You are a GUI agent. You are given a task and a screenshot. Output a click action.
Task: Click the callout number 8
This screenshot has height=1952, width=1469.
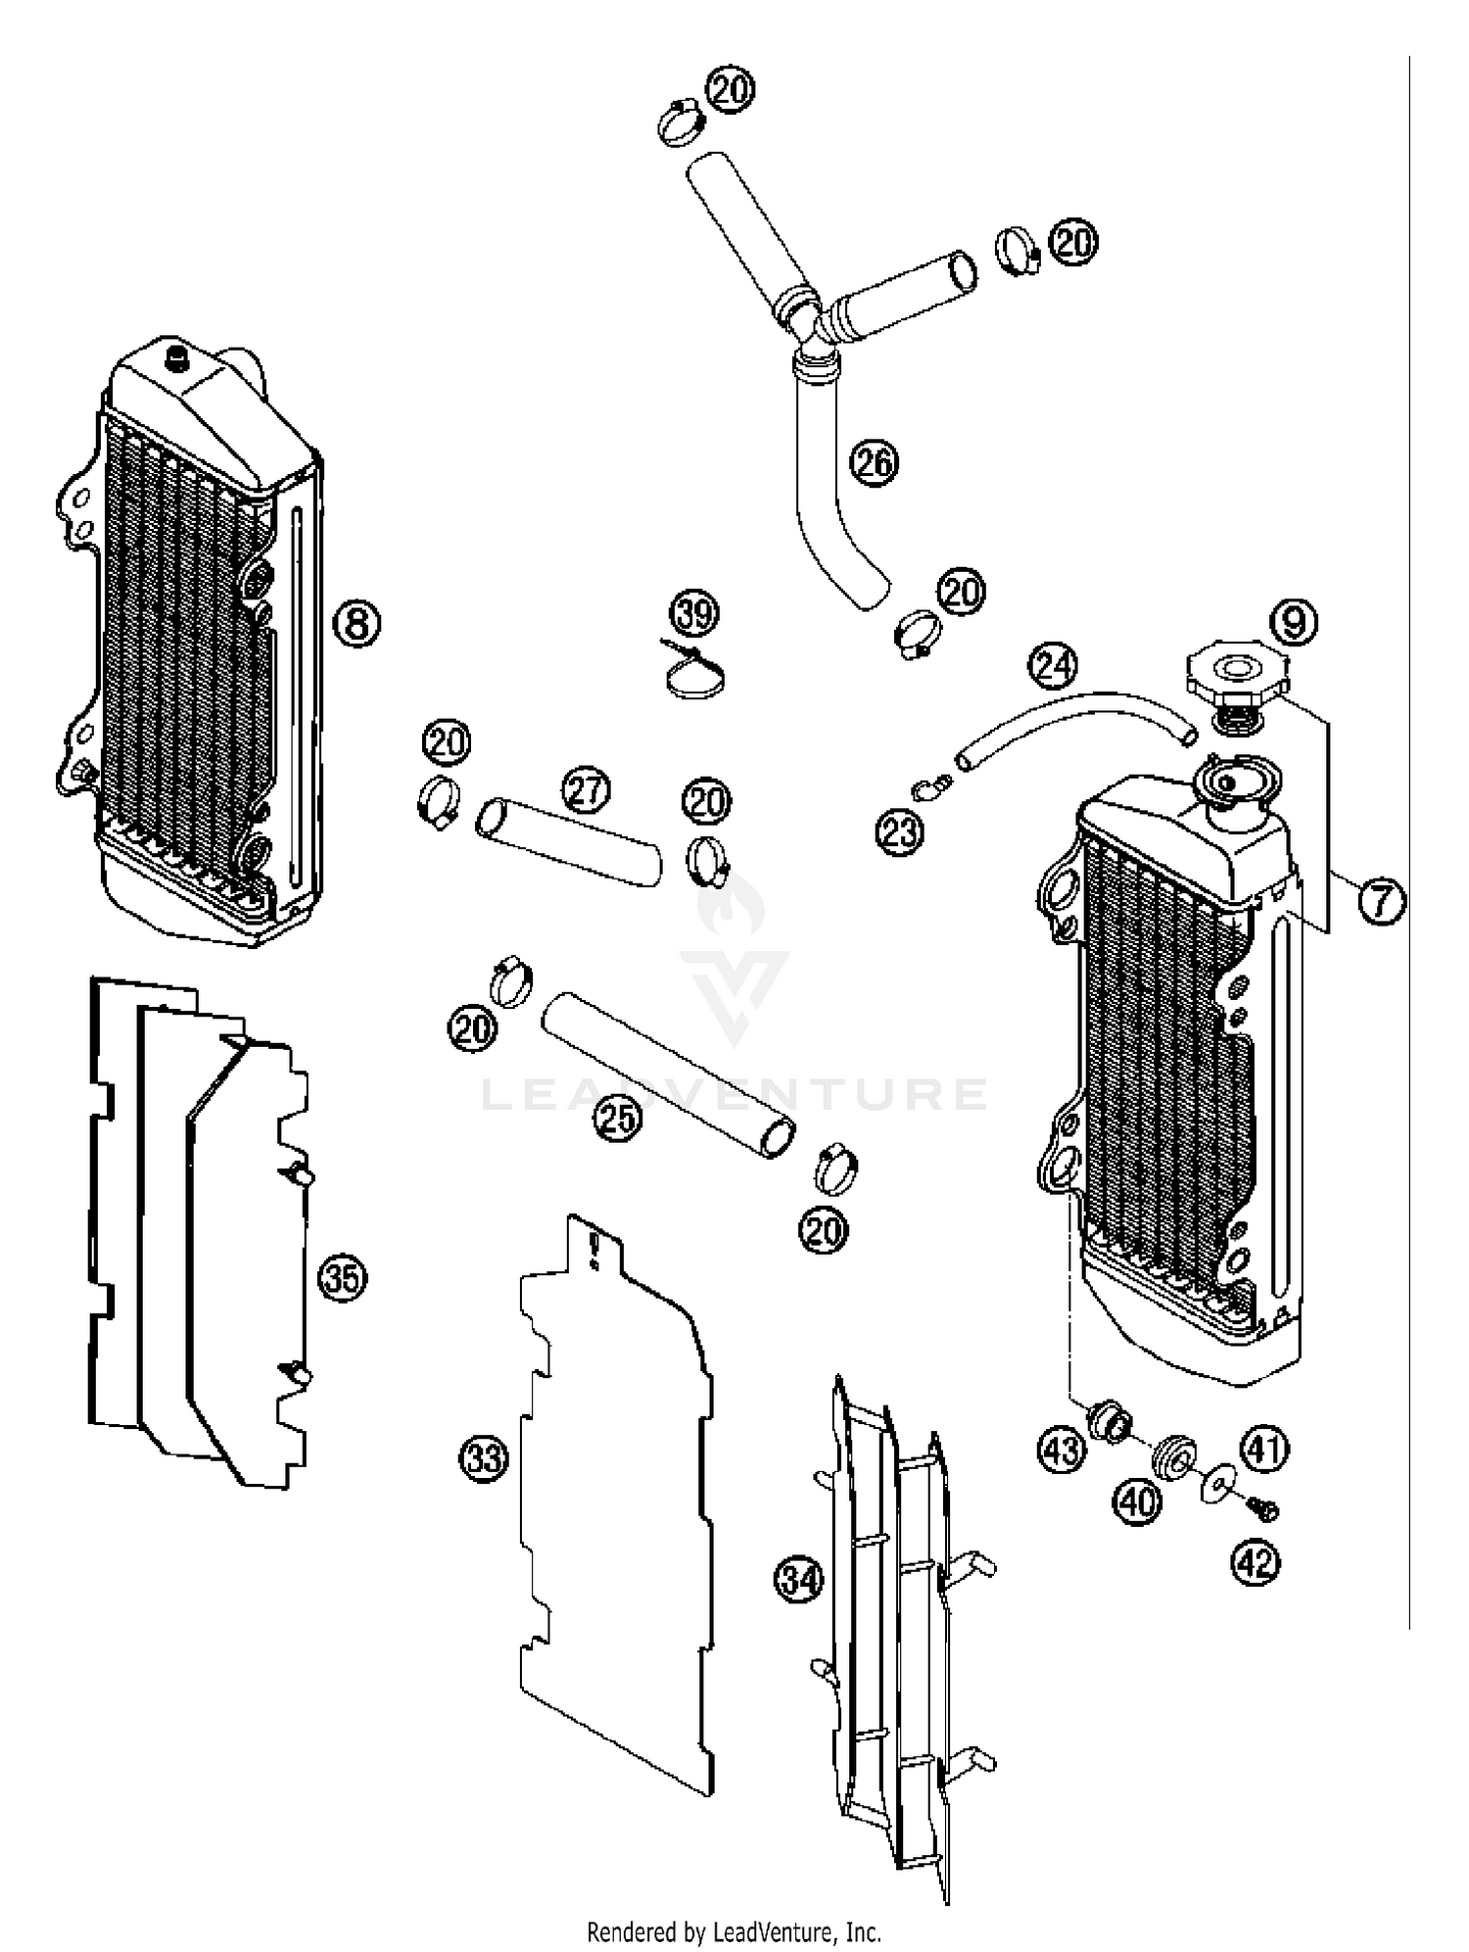coord(357,622)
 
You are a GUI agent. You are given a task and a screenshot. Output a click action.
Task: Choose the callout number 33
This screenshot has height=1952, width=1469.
coord(484,1458)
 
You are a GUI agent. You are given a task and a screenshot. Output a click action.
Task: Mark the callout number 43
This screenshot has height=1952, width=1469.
coord(1062,1449)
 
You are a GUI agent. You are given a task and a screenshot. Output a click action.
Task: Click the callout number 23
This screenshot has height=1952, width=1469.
coord(900,832)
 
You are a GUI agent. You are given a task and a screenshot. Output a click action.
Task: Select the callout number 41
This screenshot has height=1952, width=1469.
coord(1265,1448)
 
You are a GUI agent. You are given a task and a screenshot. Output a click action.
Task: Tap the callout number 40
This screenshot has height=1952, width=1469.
coord(1137,1501)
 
